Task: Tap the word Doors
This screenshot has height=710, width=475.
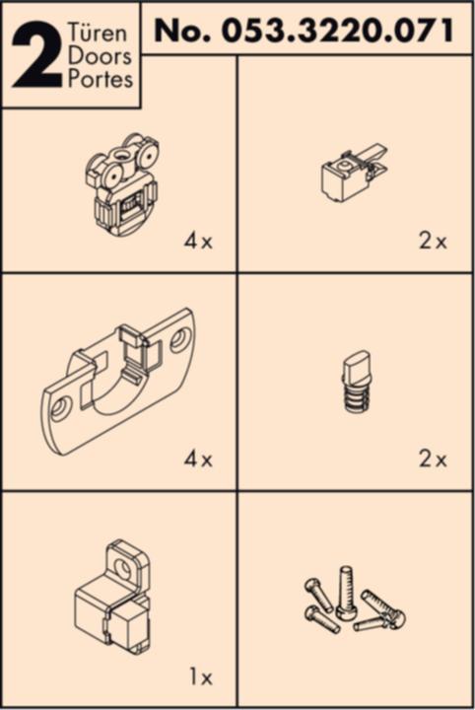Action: click(x=101, y=55)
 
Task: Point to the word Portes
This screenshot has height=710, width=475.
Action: click(x=101, y=79)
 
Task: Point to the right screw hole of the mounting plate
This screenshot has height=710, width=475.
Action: click(x=179, y=340)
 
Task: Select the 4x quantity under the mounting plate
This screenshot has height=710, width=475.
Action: click(x=197, y=460)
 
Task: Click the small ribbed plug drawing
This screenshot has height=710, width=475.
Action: click(x=353, y=386)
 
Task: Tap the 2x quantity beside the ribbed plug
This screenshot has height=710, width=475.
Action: click(x=433, y=460)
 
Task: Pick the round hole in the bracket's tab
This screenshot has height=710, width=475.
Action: click(x=125, y=566)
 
